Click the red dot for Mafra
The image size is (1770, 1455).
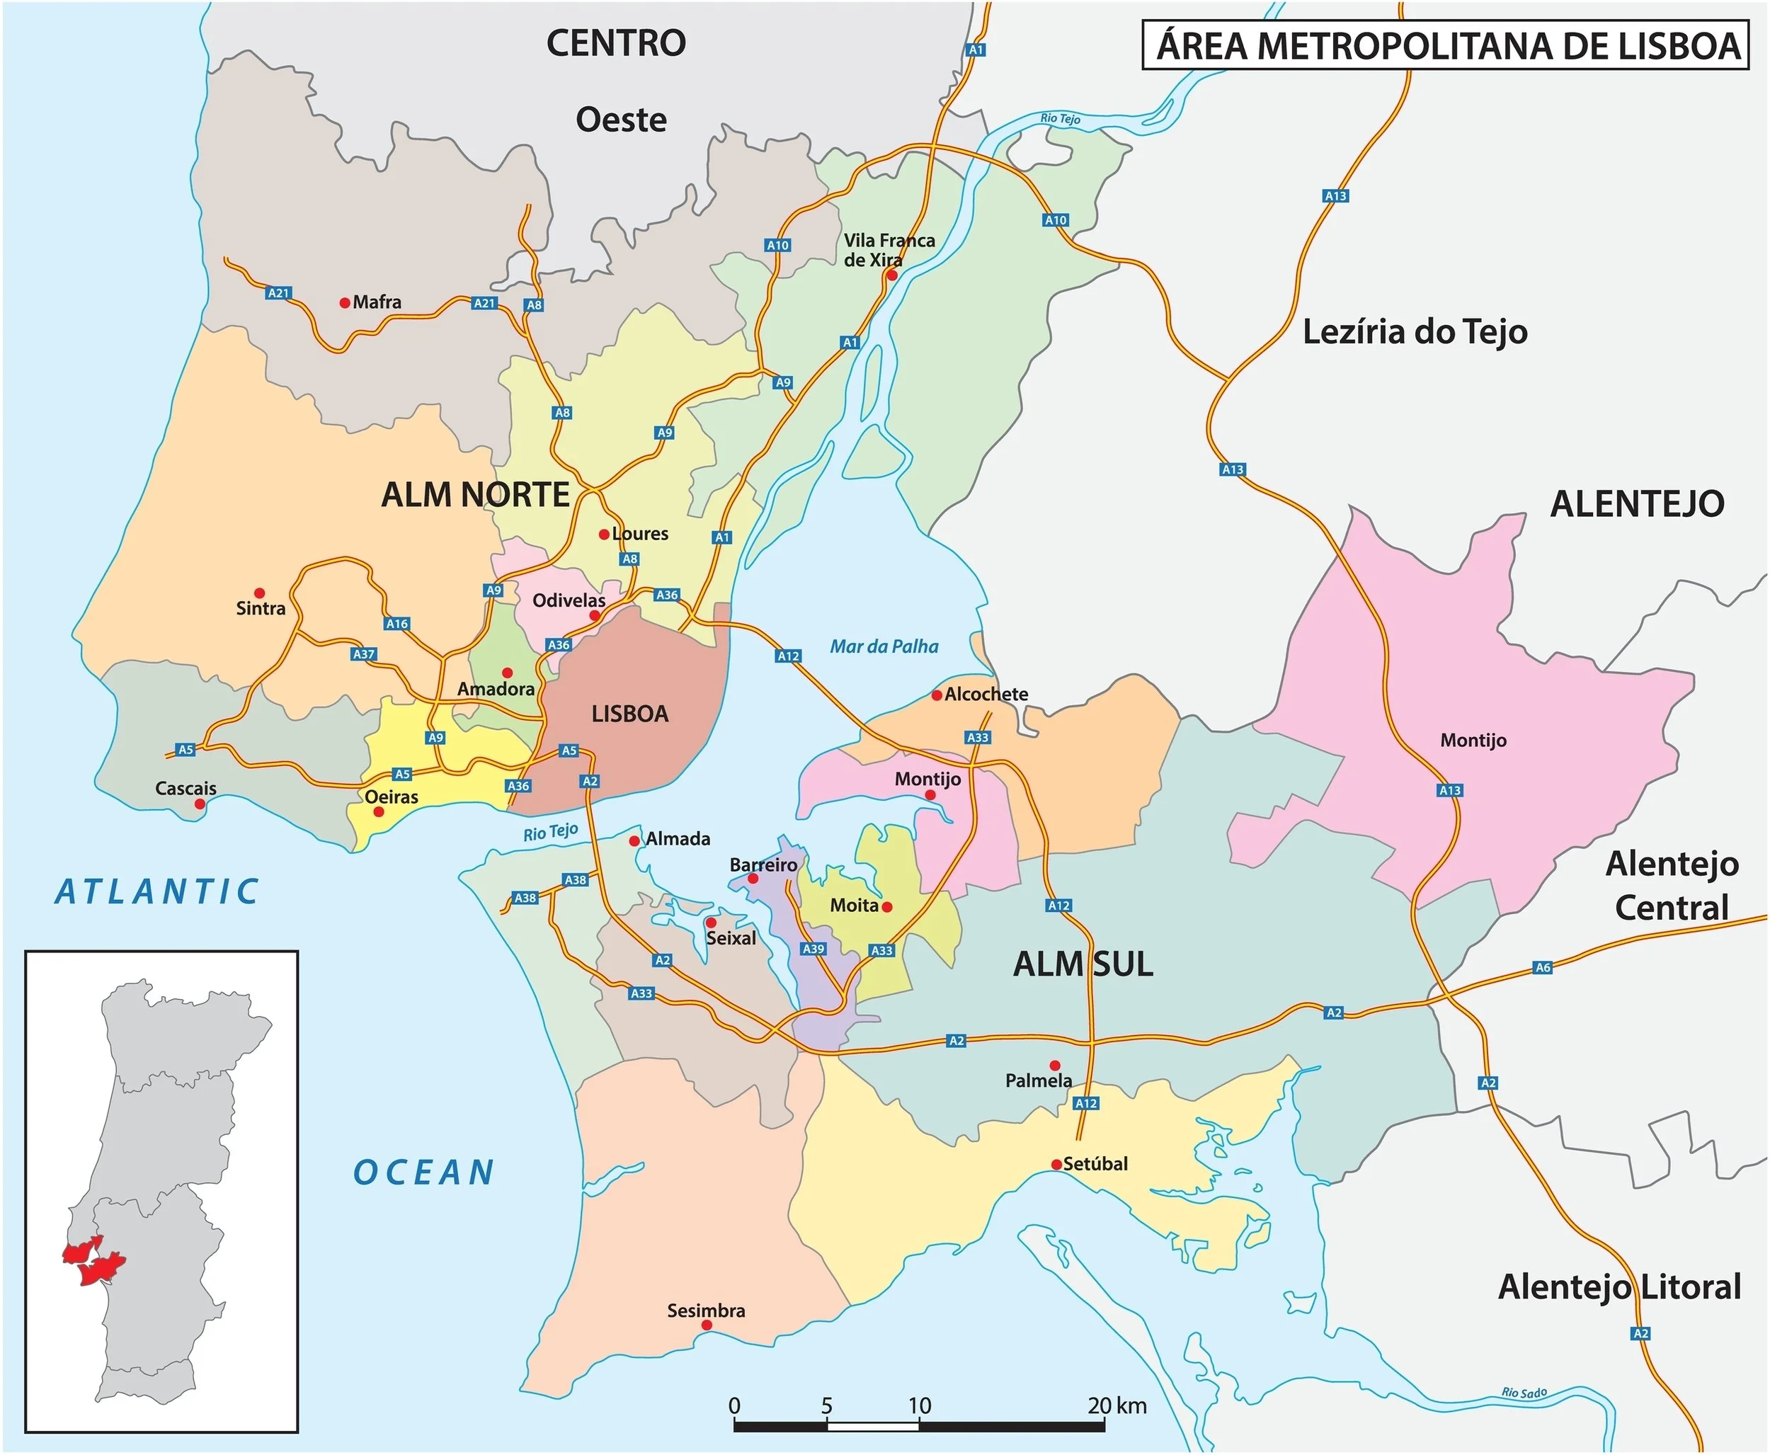click(x=345, y=302)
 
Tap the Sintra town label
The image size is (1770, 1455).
click(x=261, y=608)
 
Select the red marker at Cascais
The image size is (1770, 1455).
click(x=200, y=804)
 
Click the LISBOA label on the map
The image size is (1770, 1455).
click(x=629, y=714)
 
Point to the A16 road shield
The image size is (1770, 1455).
click(x=397, y=624)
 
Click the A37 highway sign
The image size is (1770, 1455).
click(x=364, y=654)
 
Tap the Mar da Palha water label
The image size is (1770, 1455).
click(x=884, y=646)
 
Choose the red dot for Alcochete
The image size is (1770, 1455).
click(x=937, y=695)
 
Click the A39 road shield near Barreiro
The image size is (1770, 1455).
click(x=813, y=949)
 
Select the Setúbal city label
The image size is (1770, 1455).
click(x=1095, y=1163)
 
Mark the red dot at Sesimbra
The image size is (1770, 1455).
click(x=707, y=1325)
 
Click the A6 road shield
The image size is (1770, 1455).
click(x=1543, y=967)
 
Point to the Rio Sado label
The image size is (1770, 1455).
click(x=1524, y=1392)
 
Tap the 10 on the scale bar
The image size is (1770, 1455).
click(x=920, y=1405)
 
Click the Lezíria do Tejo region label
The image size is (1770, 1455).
click(x=1415, y=332)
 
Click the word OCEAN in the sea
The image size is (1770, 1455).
click(x=423, y=1172)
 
